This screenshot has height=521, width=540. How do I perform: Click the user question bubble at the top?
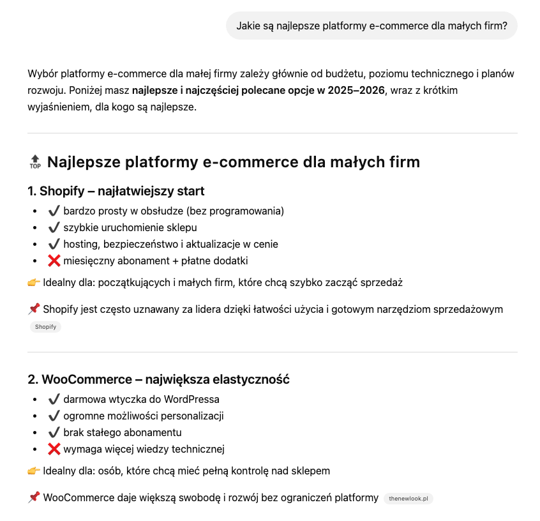click(x=371, y=26)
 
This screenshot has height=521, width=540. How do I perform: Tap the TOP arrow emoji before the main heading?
click(x=35, y=162)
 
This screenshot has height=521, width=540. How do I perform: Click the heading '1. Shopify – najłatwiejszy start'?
click(x=116, y=191)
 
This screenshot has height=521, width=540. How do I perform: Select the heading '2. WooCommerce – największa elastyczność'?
click(x=158, y=379)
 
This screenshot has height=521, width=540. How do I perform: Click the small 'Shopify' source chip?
click(x=45, y=327)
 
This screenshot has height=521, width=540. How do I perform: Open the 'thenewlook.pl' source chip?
click(x=409, y=498)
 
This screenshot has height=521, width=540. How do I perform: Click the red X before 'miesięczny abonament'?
click(x=54, y=260)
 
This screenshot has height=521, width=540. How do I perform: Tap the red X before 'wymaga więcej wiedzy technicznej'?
click(x=54, y=449)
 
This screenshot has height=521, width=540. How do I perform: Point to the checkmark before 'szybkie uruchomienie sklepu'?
click(x=54, y=227)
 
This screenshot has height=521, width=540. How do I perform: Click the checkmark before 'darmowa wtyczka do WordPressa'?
click(x=54, y=399)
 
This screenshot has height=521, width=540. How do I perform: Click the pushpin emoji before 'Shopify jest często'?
click(x=34, y=309)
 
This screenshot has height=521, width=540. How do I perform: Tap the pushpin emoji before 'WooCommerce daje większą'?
click(x=34, y=497)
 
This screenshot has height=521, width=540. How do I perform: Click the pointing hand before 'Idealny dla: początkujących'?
click(x=34, y=282)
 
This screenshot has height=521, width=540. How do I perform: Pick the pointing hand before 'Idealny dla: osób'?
click(x=34, y=471)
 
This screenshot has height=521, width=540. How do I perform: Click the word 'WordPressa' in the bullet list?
click(x=193, y=399)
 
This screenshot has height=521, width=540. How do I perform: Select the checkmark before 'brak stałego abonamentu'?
click(x=54, y=432)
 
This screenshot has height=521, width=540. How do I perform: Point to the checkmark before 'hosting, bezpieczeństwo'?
click(x=54, y=244)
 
